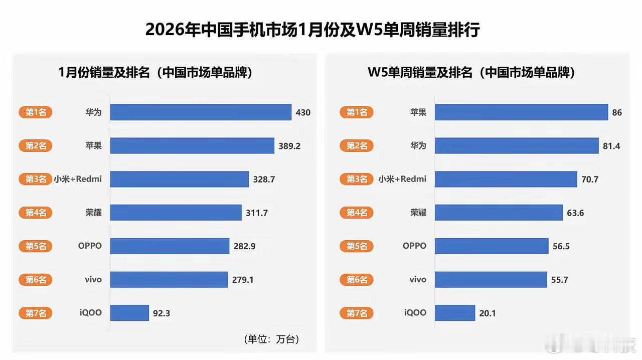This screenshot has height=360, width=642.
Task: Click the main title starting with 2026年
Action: tap(312, 30)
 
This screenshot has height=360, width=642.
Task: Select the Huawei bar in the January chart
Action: tap(201, 112)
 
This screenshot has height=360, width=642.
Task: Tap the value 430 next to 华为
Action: tap(303, 113)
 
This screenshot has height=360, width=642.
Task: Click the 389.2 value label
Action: tap(289, 146)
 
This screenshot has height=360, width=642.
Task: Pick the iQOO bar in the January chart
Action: tap(129, 313)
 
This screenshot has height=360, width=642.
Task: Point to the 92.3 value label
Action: tap(162, 313)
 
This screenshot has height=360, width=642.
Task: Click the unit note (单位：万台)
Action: tap(271, 339)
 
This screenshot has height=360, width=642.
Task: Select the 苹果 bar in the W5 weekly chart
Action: tap(521, 112)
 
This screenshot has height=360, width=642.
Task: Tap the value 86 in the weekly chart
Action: tap(617, 113)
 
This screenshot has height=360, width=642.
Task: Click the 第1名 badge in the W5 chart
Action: tap(357, 112)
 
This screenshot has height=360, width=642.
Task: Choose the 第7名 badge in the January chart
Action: tap(36, 313)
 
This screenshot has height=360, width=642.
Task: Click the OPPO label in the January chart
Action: tap(90, 246)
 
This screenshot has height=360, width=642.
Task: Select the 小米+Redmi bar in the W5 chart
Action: tap(506, 179)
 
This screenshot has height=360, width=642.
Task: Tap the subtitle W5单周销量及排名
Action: tap(471, 73)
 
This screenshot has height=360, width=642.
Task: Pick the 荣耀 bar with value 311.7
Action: tap(176, 213)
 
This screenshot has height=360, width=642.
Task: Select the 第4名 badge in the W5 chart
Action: tap(357, 213)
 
